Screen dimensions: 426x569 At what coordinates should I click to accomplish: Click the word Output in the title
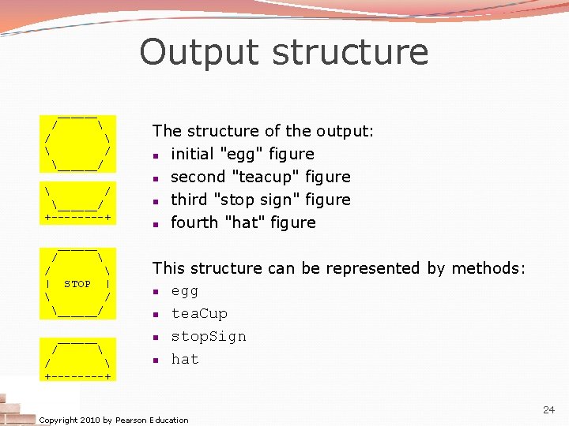[x=200, y=53]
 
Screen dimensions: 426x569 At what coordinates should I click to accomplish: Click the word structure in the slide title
[x=350, y=53]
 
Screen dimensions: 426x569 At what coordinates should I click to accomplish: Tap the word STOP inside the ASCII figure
[x=77, y=284]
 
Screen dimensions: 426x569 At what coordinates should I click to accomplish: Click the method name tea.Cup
[x=199, y=314]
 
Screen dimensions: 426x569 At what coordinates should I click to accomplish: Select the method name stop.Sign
[x=209, y=337]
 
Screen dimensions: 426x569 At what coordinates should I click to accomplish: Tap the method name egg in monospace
[x=185, y=291]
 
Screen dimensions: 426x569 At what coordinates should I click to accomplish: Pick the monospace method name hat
[x=185, y=360]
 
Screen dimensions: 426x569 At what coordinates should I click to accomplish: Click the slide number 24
[x=548, y=409]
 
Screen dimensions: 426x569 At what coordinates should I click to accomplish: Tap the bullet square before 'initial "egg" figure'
[x=158, y=155]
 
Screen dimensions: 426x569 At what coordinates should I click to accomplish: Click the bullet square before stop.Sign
[x=158, y=338]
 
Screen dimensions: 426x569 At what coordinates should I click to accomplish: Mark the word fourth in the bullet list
[x=190, y=222]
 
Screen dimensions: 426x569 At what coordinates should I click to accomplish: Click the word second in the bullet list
[x=197, y=177]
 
